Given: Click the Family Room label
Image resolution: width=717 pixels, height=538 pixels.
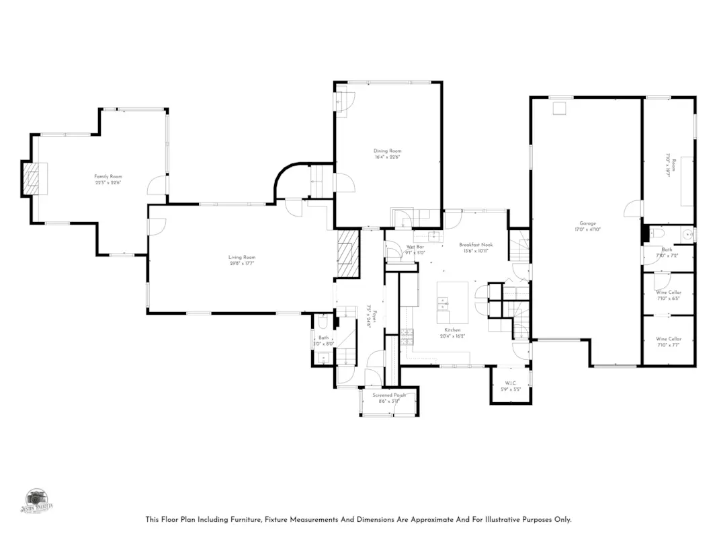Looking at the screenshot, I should [108, 176].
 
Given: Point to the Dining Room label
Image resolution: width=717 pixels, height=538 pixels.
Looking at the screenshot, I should [387, 151].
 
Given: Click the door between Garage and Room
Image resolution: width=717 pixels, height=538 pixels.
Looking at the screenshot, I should [633, 209].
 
